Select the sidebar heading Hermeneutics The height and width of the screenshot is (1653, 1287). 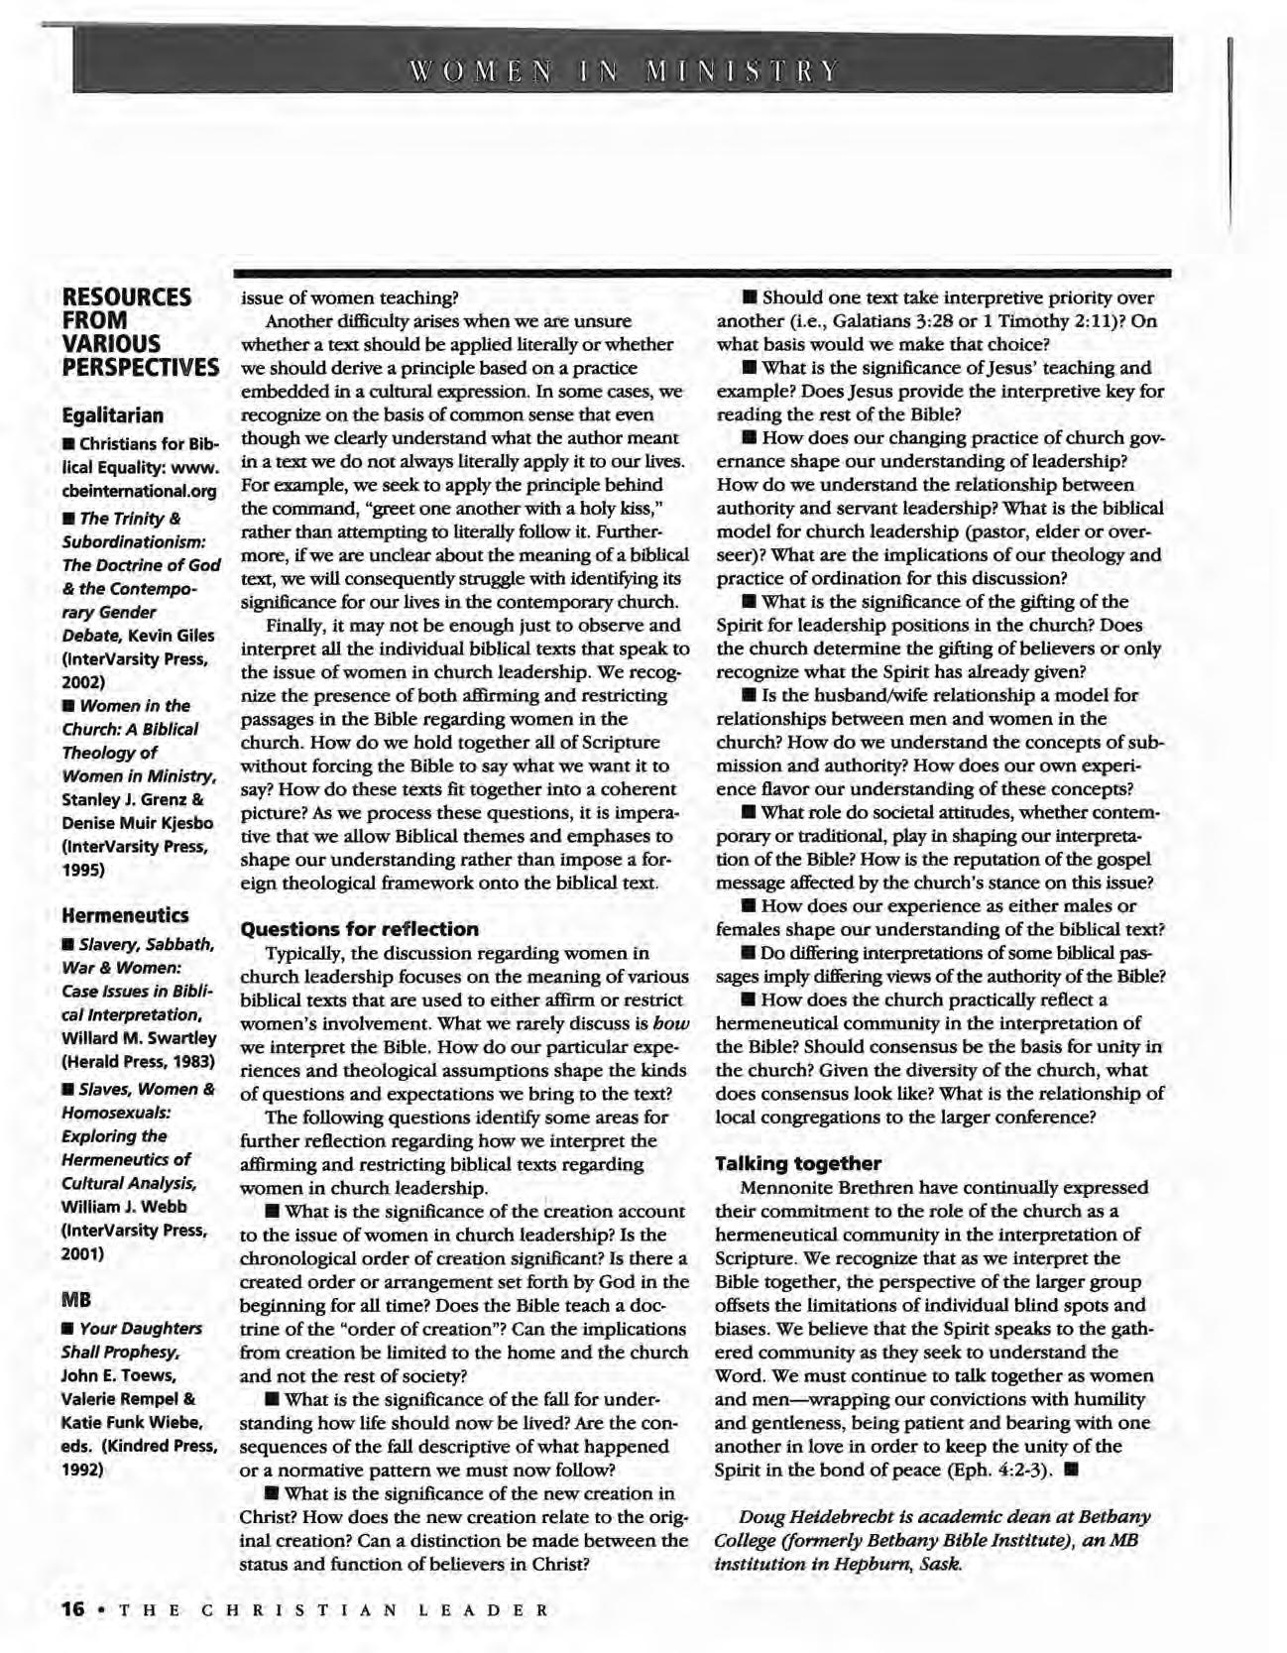click(125, 913)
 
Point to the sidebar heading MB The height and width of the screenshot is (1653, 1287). click(75, 1297)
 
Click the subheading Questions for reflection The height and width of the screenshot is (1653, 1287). click(360, 929)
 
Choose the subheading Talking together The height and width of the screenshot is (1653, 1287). click(797, 1163)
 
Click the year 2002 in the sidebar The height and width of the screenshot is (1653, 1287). click(82, 682)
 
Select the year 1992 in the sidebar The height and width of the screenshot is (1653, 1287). click(82, 1470)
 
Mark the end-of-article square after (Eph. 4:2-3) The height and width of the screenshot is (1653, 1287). click(1069, 1470)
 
